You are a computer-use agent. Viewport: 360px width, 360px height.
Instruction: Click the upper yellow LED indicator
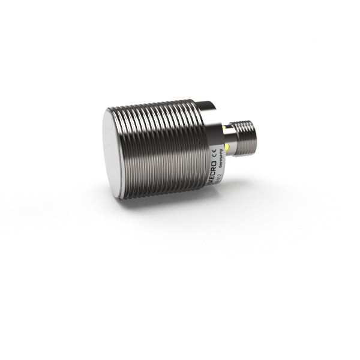pos(224,127)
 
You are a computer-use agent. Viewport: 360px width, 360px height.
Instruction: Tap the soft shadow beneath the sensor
pos(180,207)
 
